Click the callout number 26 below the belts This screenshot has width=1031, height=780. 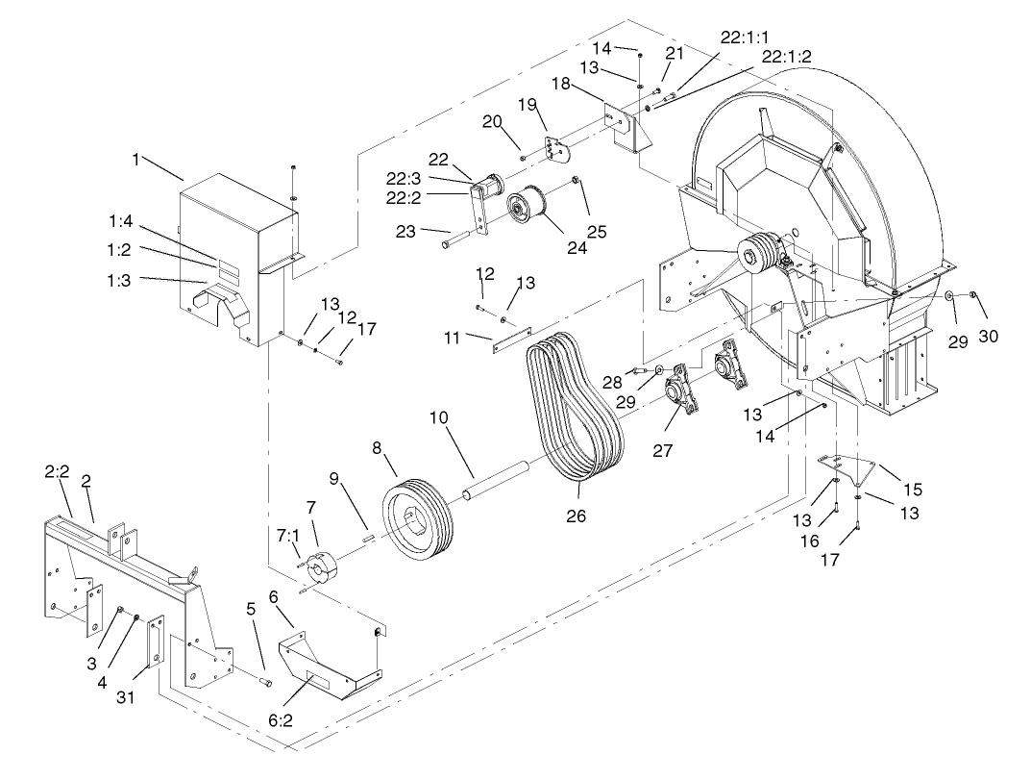[577, 516]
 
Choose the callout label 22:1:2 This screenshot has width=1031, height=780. [786, 57]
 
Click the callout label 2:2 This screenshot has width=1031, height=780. [57, 472]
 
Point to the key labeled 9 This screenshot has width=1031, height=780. [367, 538]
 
